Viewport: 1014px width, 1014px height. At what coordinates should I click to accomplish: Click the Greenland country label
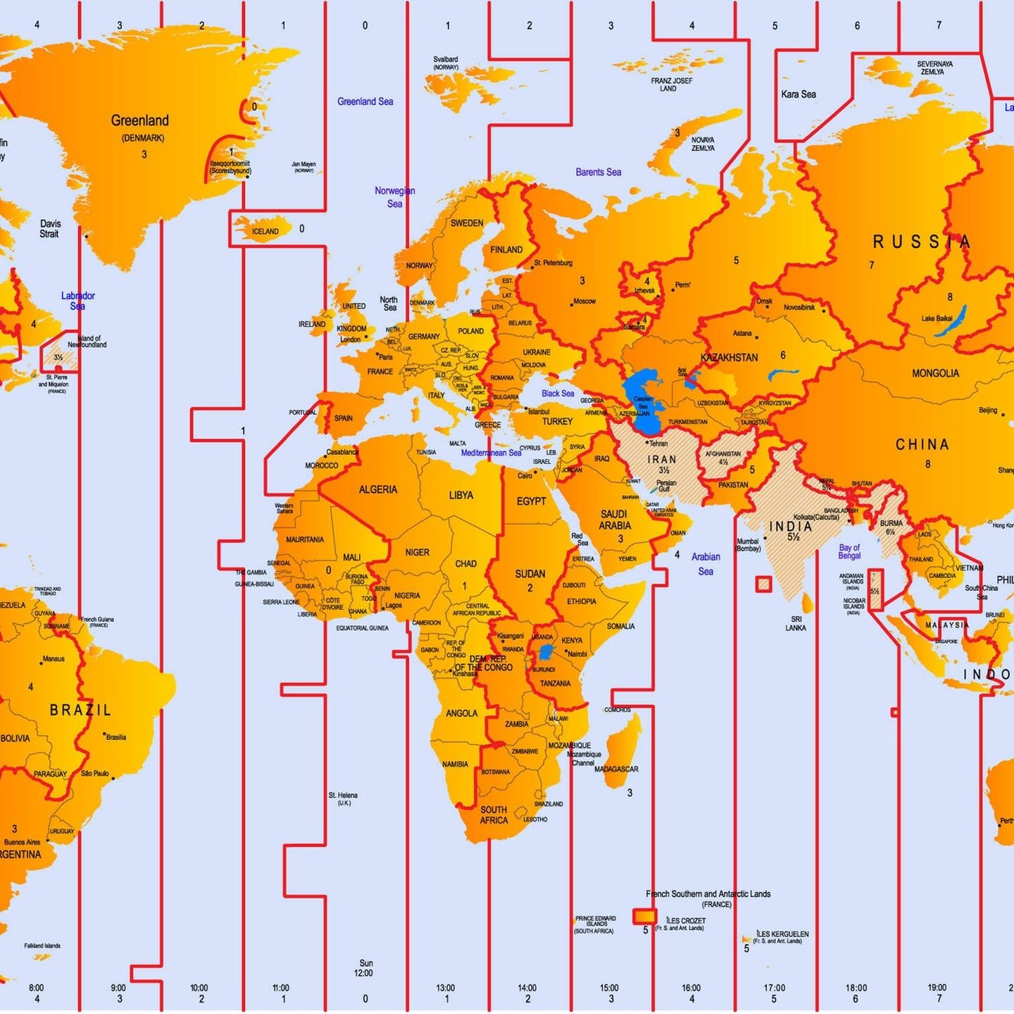(x=139, y=120)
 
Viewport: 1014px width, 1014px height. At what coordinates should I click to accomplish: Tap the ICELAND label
(x=265, y=231)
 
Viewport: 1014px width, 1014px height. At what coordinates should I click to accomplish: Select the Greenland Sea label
(x=365, y=101)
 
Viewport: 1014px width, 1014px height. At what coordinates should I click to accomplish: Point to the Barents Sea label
(x=598, y=172)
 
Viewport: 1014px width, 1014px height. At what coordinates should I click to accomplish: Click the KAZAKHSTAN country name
(x=729, y=358)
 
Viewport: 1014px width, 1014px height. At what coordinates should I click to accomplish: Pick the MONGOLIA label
(x=934, y=373)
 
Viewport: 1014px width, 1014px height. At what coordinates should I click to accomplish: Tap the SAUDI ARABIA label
(x=615, y=520)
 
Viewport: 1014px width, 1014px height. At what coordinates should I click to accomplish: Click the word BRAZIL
(x=80, y=710)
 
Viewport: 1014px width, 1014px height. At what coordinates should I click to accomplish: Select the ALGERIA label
(x=377, y=489)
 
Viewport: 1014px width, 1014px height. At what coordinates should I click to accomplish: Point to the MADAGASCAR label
(x=616, y=769)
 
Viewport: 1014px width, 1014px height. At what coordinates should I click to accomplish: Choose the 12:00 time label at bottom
(x=363, y=973)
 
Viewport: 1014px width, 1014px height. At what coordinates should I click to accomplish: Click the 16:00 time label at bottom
(x=691, y=988)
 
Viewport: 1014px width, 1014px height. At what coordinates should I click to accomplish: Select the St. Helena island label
(x=343, y=799)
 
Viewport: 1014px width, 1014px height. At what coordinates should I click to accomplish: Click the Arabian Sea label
(x=706, y=564)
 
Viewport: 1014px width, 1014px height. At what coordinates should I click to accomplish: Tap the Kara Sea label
(x=798, y=94)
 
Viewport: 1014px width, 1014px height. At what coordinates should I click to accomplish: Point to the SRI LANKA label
(x=796, y=623)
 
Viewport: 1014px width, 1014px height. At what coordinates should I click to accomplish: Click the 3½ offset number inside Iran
(x=663, y=470)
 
